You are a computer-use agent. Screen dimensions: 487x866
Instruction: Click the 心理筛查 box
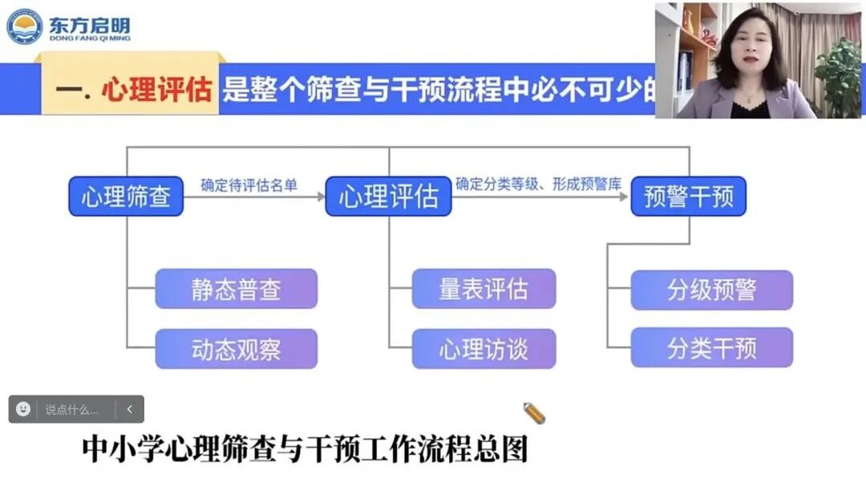[x=126, y=197]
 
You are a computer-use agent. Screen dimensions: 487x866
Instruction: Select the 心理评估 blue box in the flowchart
[x=388, y=197]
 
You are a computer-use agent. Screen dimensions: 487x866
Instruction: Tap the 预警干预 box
[x=688, y=197]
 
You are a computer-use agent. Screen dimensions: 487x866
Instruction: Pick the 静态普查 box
[x=236, y=289]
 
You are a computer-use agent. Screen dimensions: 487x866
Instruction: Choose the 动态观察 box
[x=236, y=349]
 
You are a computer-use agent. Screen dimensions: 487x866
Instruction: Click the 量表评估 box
[x=484, y=289]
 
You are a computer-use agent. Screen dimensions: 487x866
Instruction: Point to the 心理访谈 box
[x=484, y=349]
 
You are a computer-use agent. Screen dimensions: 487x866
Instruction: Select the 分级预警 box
[x=711, y=290]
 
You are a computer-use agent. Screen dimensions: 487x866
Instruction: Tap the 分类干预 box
[x=711, y=348]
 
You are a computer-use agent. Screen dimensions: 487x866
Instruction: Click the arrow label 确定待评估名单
[x=249, y=185]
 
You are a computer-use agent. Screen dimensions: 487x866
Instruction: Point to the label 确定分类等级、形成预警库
[x=538, y=185]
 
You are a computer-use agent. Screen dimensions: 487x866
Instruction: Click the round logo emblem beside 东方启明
[x=24, y=26]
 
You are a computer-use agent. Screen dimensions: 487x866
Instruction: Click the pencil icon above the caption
[x=533, y=413]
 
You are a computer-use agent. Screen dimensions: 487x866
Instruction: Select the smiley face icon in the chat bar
[x=23, y=409]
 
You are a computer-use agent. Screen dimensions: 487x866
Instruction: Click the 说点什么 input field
[x=72, y=409]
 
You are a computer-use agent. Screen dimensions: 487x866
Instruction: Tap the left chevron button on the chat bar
[x=130, y=409]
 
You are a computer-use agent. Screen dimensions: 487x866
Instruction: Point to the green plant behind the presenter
[x=839, y=72]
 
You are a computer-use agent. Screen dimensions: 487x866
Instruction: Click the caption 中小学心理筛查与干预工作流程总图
[x=305, y=449]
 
